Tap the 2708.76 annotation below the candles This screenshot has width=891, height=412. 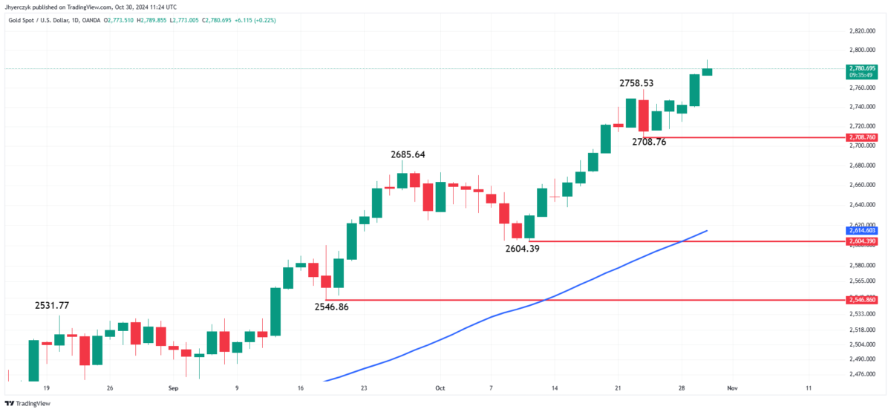pos(649,141)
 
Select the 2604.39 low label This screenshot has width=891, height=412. pos(522,249)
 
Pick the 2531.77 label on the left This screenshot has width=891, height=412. pos(52,305)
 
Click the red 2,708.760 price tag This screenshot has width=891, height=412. pos(861,137)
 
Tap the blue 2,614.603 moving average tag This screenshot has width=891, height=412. pos(861,231)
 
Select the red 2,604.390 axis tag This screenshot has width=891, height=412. pos(861,241)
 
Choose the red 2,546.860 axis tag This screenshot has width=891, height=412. pos(861,299)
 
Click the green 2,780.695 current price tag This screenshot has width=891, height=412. pos(861,68)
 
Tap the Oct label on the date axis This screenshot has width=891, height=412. pos(439,388)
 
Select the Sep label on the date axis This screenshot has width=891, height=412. pos(173,388)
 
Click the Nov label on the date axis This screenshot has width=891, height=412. pos(732,388)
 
